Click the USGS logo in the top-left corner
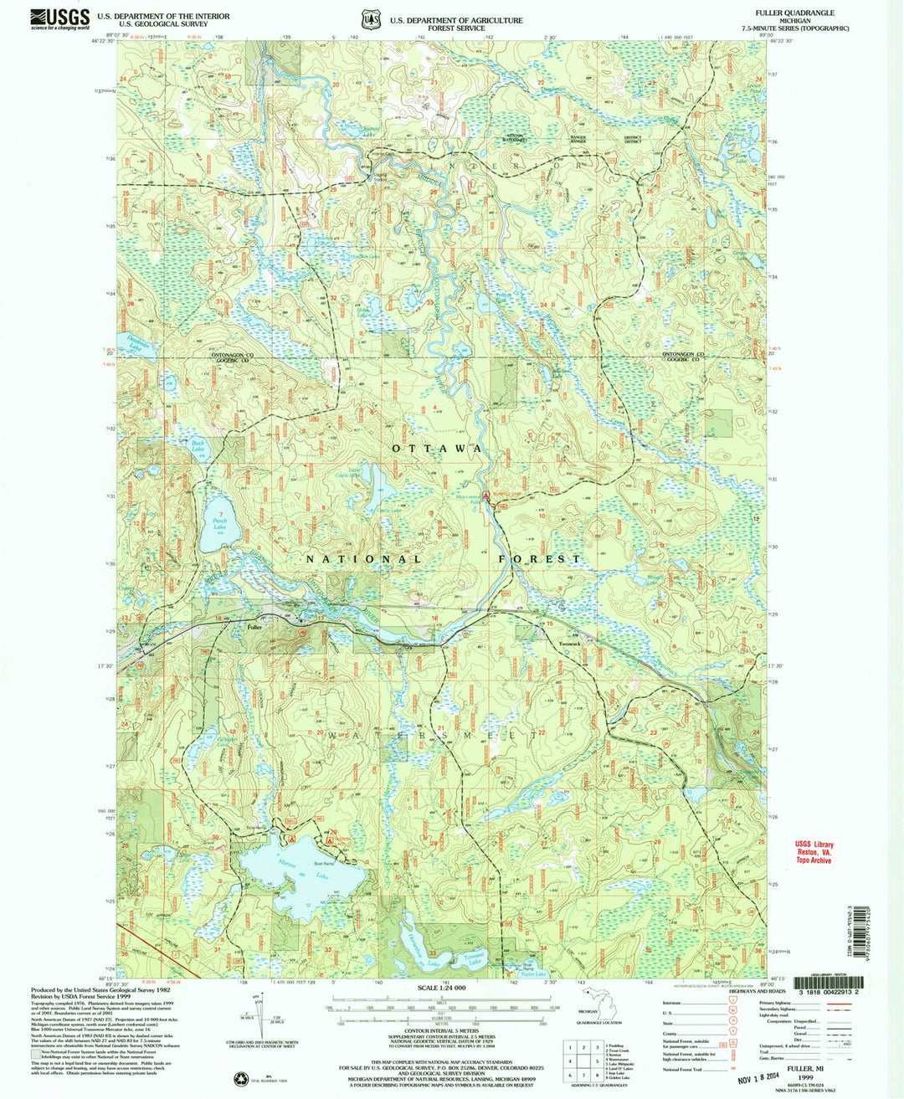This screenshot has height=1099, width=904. click(59, 19)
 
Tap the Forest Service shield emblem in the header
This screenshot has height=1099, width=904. click(370, 19)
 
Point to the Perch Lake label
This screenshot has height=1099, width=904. click(219, 524)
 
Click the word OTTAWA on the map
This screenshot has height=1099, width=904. click(437, 449)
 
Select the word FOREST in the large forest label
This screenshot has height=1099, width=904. click(539, 558)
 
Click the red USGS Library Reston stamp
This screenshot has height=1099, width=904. click(814, 852)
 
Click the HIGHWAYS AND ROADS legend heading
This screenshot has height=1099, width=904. click(742, 991)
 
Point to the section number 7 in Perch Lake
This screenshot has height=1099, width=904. click(221, 513)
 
